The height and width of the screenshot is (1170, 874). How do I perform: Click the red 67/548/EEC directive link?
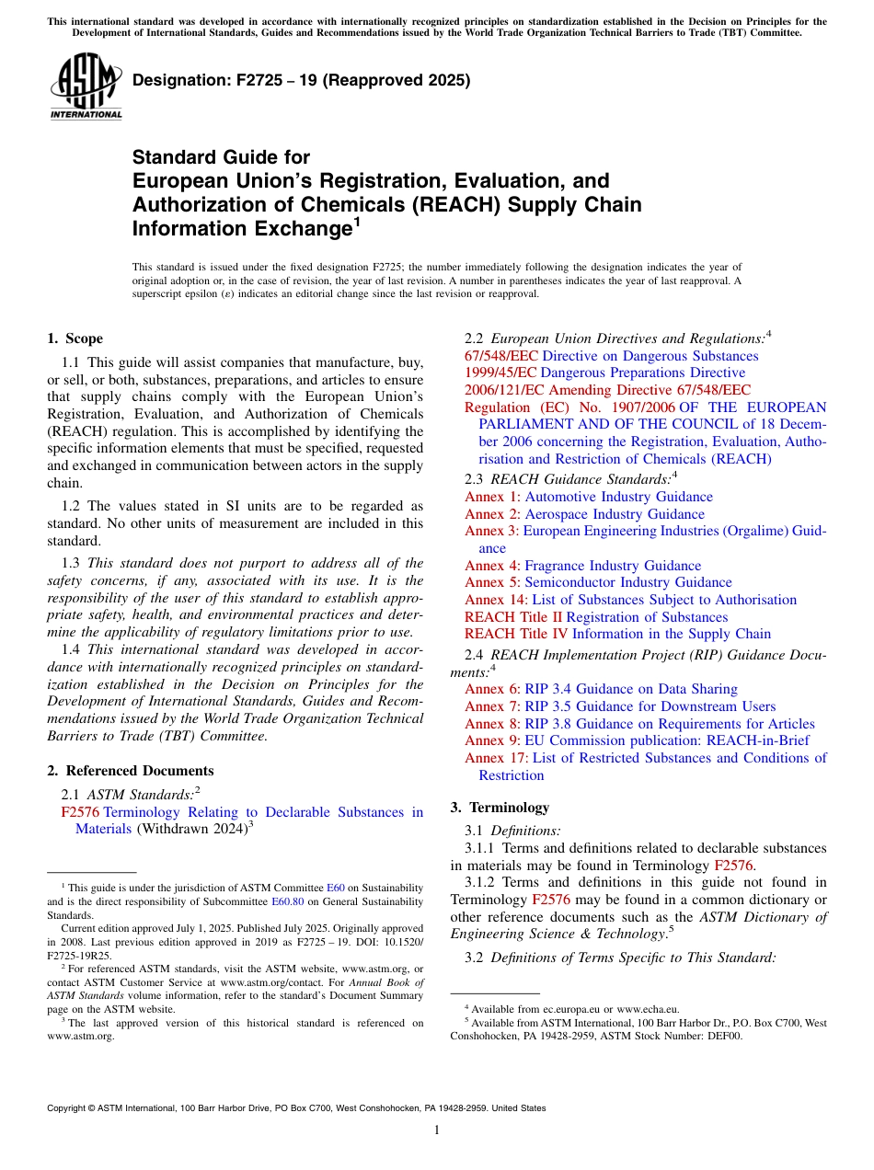point(501,356)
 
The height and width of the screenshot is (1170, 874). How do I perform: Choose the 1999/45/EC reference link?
point(500,373)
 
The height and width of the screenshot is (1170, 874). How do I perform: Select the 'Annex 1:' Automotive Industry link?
point(492,497)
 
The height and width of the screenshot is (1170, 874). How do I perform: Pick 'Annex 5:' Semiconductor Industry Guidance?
point(492,582)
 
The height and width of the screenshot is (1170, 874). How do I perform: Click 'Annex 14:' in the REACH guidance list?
point(496,600)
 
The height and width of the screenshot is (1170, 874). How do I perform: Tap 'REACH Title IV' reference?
point(516,634)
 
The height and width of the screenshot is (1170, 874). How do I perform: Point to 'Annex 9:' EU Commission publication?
point(492,740)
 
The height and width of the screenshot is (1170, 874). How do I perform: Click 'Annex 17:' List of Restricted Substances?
point(496,758)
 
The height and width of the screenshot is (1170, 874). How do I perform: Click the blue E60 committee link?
point(336,888)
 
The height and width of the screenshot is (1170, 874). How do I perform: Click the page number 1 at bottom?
point(437,1130)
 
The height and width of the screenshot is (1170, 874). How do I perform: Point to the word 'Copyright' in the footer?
point(70,1108)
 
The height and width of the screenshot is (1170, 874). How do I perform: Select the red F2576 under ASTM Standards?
point(79,812)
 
